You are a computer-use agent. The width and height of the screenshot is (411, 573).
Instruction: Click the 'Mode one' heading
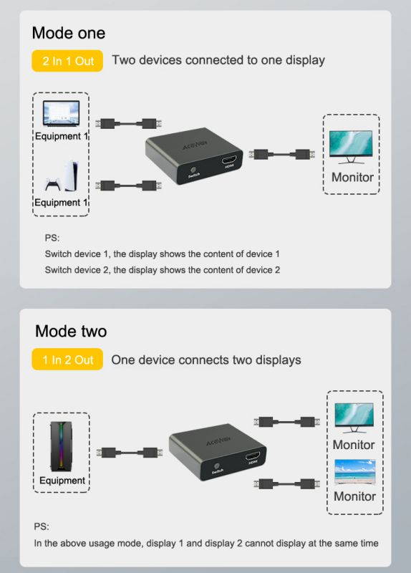point(69,33)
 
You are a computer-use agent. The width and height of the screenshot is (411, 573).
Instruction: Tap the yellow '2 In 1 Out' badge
point(68,61)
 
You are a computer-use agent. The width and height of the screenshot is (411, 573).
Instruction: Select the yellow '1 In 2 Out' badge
point(68,360)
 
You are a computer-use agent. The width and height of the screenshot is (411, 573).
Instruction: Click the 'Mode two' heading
point(71,331)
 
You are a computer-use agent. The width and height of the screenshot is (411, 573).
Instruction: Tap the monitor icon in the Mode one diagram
point(350,146)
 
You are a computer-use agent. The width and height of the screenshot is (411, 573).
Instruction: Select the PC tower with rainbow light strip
point(61,445)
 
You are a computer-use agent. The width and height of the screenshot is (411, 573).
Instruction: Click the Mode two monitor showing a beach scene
point(354,473)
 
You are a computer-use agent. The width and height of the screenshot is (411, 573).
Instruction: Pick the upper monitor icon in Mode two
point(354,418)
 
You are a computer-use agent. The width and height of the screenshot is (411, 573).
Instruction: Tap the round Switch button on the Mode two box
point(217,459)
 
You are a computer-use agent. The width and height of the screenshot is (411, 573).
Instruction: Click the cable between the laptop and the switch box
point(127,122)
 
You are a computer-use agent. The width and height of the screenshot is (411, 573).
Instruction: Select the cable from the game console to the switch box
point(127,186)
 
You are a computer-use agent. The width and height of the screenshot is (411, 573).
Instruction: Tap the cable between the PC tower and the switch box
point(127,453)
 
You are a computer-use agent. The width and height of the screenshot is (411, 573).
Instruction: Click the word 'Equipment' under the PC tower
point(62,480)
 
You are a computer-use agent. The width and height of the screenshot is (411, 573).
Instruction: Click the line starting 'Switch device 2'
point(162,270)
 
